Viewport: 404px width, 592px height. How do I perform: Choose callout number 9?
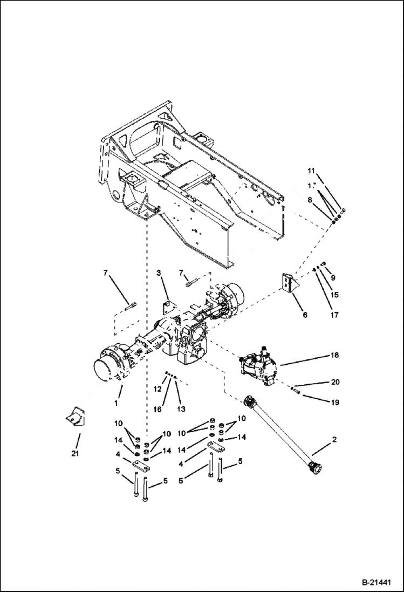pos(333,277)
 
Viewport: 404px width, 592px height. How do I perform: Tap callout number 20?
pos(335,382)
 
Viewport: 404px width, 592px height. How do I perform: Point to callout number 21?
pos(75,453)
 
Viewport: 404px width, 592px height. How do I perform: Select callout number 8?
pos(310,200)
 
